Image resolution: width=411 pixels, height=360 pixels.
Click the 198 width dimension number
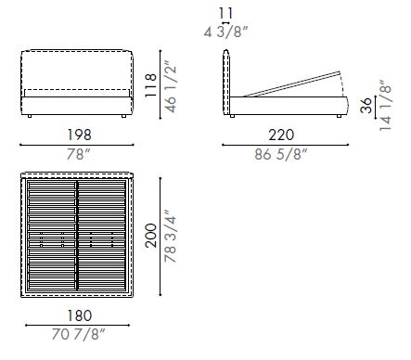(x=77, y=135)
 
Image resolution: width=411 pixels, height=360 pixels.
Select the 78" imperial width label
(x=77, y=154)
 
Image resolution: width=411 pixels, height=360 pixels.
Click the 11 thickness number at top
(x=227, y=13)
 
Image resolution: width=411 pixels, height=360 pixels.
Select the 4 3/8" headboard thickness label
(x=227, y=31)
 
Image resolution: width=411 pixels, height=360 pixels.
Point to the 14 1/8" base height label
(x=385, y=104)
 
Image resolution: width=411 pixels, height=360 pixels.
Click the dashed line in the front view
(x=77, y=92)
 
